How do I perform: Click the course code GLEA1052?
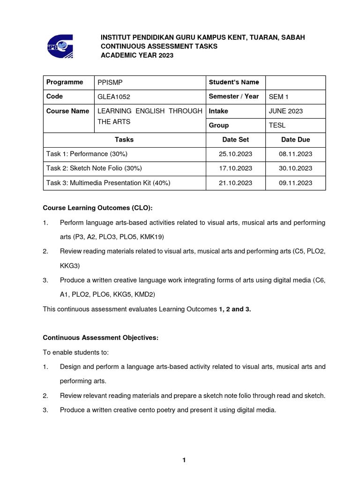114,97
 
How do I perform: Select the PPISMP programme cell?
111,82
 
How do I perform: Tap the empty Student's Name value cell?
295,82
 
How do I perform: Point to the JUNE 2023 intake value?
286,111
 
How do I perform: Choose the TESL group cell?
277,126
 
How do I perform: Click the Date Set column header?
236,140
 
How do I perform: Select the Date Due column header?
295,140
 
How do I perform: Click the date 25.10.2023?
235,154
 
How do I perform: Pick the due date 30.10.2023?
295,168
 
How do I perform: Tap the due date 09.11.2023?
295,183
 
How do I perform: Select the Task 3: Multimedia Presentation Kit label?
108,183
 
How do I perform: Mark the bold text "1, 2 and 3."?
235,309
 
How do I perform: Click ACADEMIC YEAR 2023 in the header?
137,55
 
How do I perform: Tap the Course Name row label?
67,111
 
